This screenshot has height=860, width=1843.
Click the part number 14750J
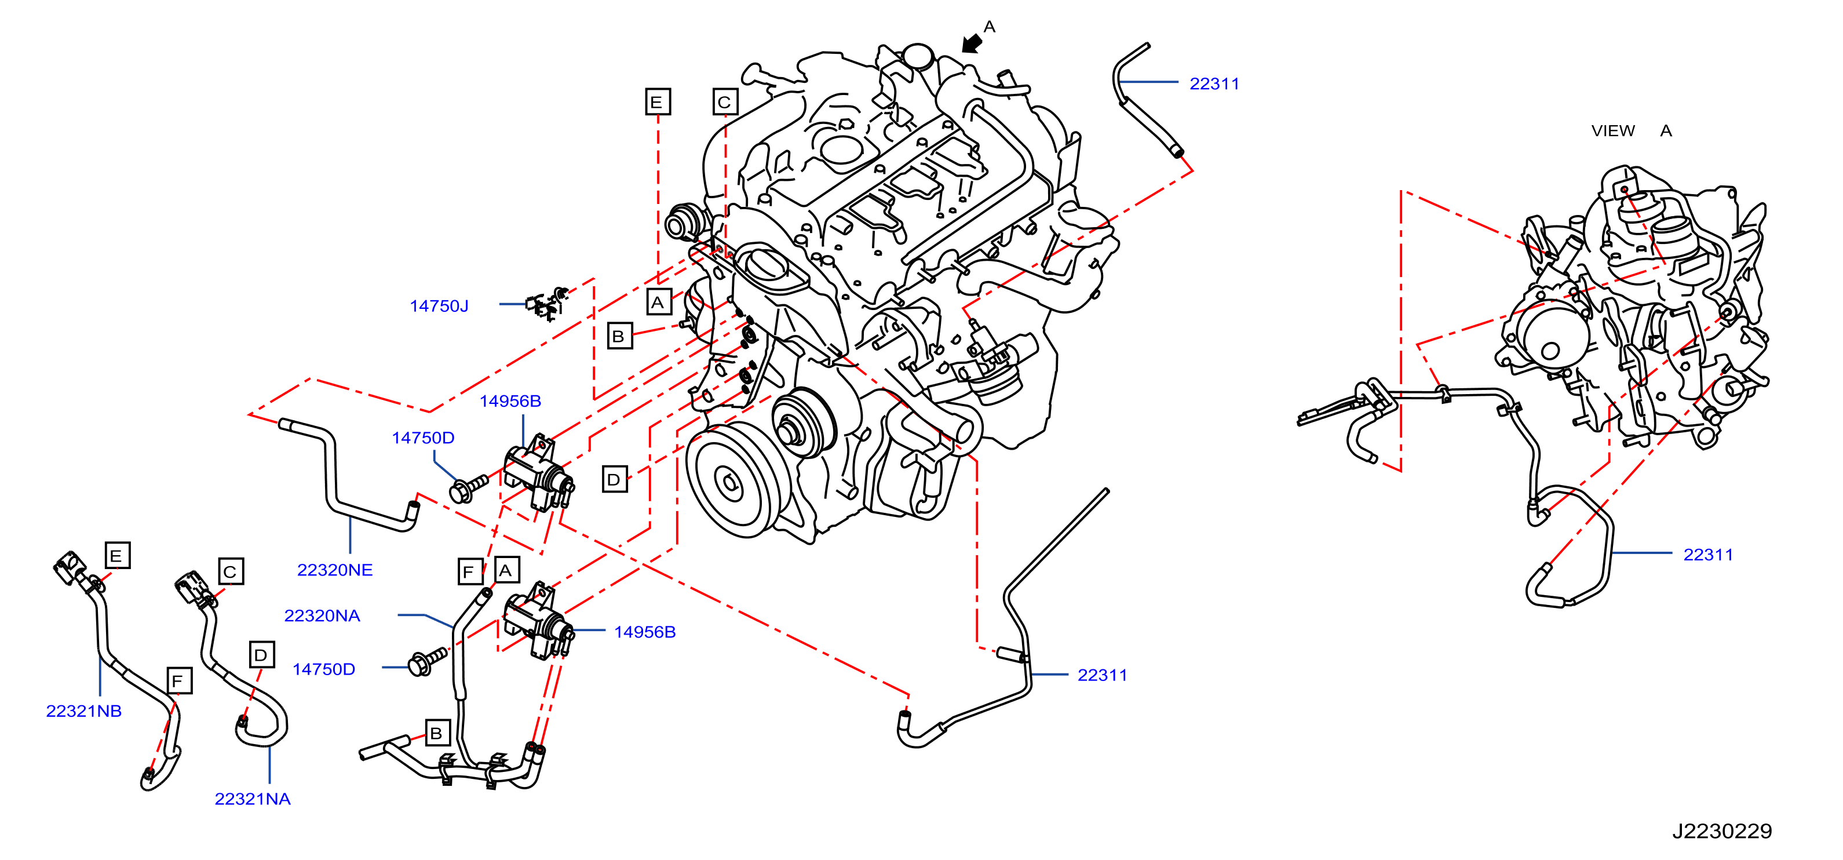[439, 306]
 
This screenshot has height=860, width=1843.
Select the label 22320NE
[335, 570]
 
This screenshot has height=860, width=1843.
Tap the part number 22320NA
[322, 616]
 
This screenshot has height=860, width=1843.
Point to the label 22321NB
[83, 711]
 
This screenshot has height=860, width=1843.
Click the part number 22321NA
[253, 799]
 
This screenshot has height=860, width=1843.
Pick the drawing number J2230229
[1722, 832]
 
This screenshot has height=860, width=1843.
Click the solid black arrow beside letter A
[971, 43]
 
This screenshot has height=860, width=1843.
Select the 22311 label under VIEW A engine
[1708, 555]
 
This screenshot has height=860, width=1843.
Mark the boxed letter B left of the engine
[619, 336]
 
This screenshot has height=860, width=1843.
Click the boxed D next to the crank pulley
[614, 479]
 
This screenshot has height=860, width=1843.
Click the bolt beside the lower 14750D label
[426, 662]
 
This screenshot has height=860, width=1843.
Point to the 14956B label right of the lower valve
[645, 632]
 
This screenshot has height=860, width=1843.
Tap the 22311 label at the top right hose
[1214, 83]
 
